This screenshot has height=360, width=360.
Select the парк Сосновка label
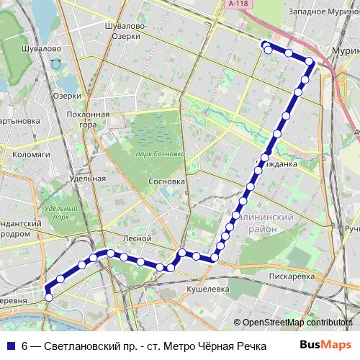(x=160, y=153)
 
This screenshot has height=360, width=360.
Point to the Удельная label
(x=89, y=178)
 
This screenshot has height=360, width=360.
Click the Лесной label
(x=137, y=238)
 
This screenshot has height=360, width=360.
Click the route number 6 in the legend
(x=24, y=346)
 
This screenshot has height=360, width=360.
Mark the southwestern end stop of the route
(x=49, y=297)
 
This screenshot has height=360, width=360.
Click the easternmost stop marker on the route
(x=310, y=63)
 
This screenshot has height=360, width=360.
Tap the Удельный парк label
(x=55, y=212)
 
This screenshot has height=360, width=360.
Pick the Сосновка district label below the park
(x=166, y=181)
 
